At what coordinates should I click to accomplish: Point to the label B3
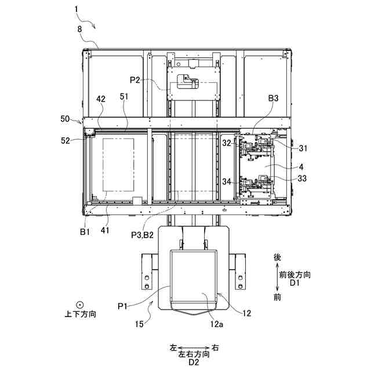click(x=274, y=99)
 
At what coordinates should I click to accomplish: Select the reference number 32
click(x=227, y=142)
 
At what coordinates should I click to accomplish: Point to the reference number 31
click(x=303, y=148)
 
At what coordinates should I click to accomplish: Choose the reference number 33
click(x=303, y=179)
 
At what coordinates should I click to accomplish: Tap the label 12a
click(x=217, y=325)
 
